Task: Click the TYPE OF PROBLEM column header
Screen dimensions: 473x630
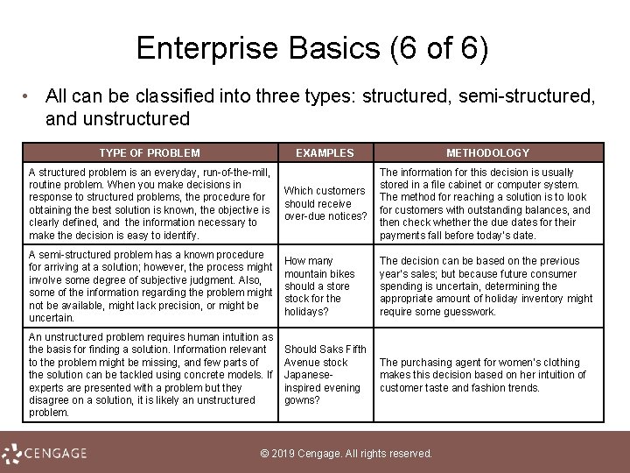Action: pos(149,152)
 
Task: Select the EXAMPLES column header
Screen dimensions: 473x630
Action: pos(325,152)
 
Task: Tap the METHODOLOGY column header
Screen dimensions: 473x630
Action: pos(487,152)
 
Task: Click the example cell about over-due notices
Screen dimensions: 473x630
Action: pos(325,203)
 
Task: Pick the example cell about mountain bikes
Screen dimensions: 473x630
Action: pos(320,286)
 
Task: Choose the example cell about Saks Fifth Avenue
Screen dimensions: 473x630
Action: pos(324,375)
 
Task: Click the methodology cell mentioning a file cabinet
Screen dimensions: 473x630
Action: pos(486,204)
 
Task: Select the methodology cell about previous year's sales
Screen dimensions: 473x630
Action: pos(486,286)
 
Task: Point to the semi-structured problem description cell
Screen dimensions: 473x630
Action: pos(149,286)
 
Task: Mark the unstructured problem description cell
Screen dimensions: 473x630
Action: pos(149,375)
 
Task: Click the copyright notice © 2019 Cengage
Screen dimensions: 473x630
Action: pos(347,454)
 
